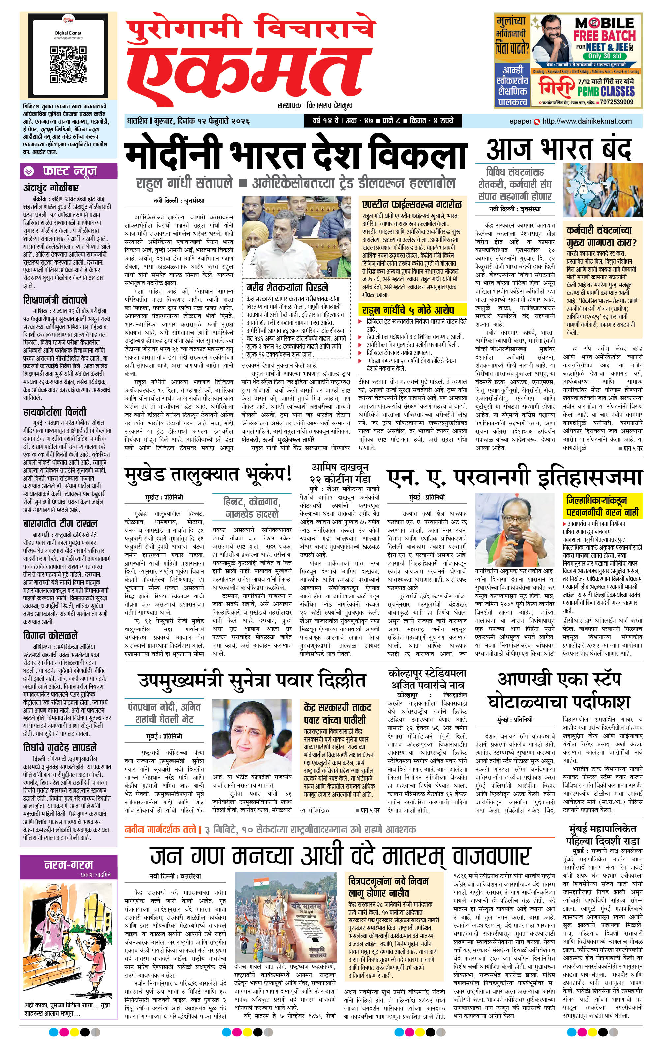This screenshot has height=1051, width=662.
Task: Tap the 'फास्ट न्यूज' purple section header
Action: [69, 171]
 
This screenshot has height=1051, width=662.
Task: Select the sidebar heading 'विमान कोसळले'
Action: [51, 635]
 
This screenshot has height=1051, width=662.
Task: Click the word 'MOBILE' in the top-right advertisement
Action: [604, 23]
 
